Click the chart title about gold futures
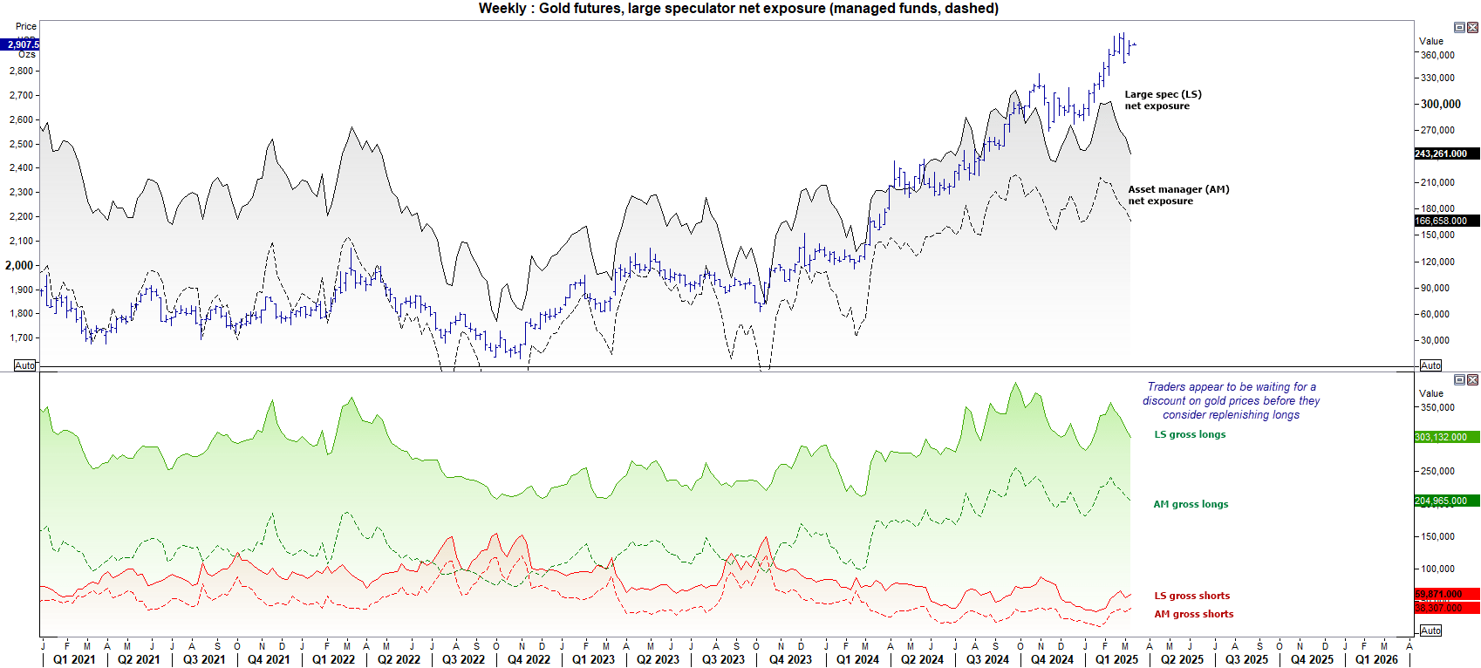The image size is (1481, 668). coord(738,9)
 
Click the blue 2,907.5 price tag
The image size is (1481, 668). coord(21,44)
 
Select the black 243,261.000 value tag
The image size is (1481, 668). coord(1440,153)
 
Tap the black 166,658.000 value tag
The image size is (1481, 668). coord(1440,221)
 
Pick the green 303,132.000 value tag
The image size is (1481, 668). coord(1440,437)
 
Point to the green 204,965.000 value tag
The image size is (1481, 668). coord(1440,501)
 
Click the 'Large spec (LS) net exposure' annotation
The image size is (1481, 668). coord(1162,100)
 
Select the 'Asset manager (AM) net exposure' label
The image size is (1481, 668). coord(1177,195)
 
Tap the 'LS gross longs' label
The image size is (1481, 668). coord(1190,434)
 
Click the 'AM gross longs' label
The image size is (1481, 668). coord(1191,504)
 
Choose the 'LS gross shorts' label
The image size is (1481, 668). coord(1191,596)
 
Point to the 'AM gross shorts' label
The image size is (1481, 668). coord(1193,614)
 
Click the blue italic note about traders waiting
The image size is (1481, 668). coord(1231,401)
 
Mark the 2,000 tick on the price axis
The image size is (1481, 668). coord(19,265)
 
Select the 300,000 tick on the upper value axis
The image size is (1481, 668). coord(1440,104)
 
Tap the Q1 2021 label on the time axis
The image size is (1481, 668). coord(74,659)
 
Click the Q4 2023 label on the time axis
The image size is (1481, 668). coord(789,659)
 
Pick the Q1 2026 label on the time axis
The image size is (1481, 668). coord(1376,659)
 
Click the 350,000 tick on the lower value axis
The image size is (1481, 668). coord(1437,407)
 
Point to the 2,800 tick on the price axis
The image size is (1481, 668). coord(21,72)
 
